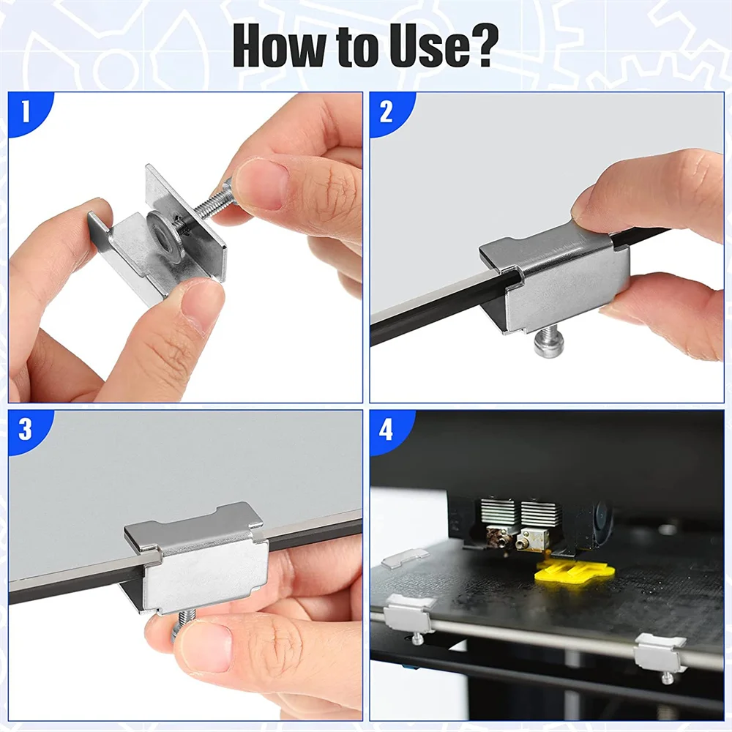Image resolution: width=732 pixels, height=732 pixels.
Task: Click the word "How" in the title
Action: coord(279,45)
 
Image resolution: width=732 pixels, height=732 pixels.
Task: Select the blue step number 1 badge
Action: coord(26,112)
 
